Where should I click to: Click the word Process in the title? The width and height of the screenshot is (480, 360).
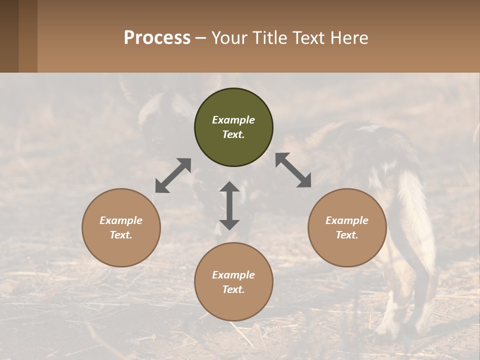(157, 38)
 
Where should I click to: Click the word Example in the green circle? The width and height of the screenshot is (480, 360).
(233, 120)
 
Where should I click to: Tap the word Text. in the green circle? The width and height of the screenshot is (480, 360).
(233, 134)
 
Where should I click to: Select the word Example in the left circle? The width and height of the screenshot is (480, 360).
(121, 220)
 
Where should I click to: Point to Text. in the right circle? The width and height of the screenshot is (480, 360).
(347, 235)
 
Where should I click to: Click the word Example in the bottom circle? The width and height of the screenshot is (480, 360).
(233, 275)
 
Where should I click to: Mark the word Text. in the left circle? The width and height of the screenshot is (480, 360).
(121, 235)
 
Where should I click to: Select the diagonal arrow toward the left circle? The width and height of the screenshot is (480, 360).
(173, 175)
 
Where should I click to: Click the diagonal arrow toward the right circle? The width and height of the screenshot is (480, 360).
(293, 170)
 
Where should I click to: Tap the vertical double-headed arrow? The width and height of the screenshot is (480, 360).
(229, 205)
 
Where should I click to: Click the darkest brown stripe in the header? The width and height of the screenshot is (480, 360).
(9, 36)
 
